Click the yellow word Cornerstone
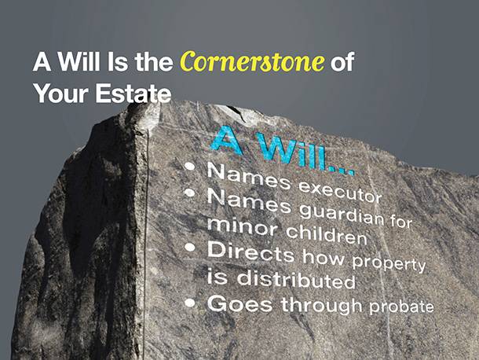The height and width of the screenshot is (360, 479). (x=252, y=61)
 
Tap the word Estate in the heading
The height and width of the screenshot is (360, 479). (x=133, y=93)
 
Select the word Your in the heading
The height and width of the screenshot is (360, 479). (x=61, y=94)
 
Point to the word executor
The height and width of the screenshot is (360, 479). (x=340, y=191)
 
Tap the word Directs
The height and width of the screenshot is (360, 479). (x=250, y=253)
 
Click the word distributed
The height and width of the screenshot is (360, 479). (x=296, y=279)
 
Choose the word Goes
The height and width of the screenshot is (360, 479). (x=239, y=303)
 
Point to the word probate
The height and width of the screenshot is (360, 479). (x=401, y=307)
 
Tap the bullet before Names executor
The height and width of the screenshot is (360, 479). (x=190, y=167)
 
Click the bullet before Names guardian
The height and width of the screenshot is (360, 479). (x=190, y=193)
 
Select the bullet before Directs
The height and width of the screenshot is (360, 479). (x=190, y=248)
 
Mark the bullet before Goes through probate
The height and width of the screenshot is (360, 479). (x=190, y=303)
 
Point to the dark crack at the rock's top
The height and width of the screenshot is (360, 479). (x=237, y=112)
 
